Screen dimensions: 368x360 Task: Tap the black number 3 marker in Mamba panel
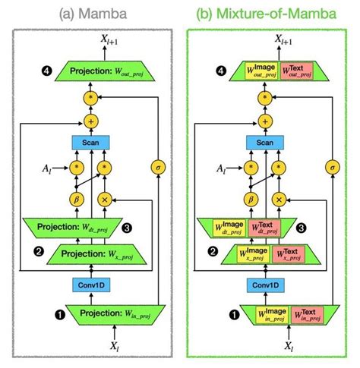tap(149, 227)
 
